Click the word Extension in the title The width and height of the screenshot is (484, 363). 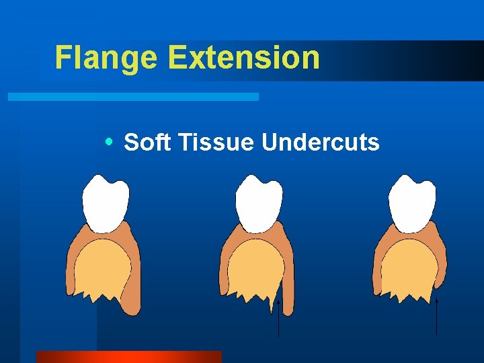coord(244,58)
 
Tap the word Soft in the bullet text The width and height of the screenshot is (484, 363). coord(147,143)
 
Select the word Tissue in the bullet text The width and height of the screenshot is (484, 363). coord(215,143)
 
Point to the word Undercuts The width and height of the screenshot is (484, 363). coord(321,143)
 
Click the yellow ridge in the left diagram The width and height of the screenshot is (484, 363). coord(101,269)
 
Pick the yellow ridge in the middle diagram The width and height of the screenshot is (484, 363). coord(254,269)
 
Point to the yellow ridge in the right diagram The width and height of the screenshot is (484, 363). coord(407,269)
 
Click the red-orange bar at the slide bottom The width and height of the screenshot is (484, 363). coord(128,356)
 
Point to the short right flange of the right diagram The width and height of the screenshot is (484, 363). coord(442,266)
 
